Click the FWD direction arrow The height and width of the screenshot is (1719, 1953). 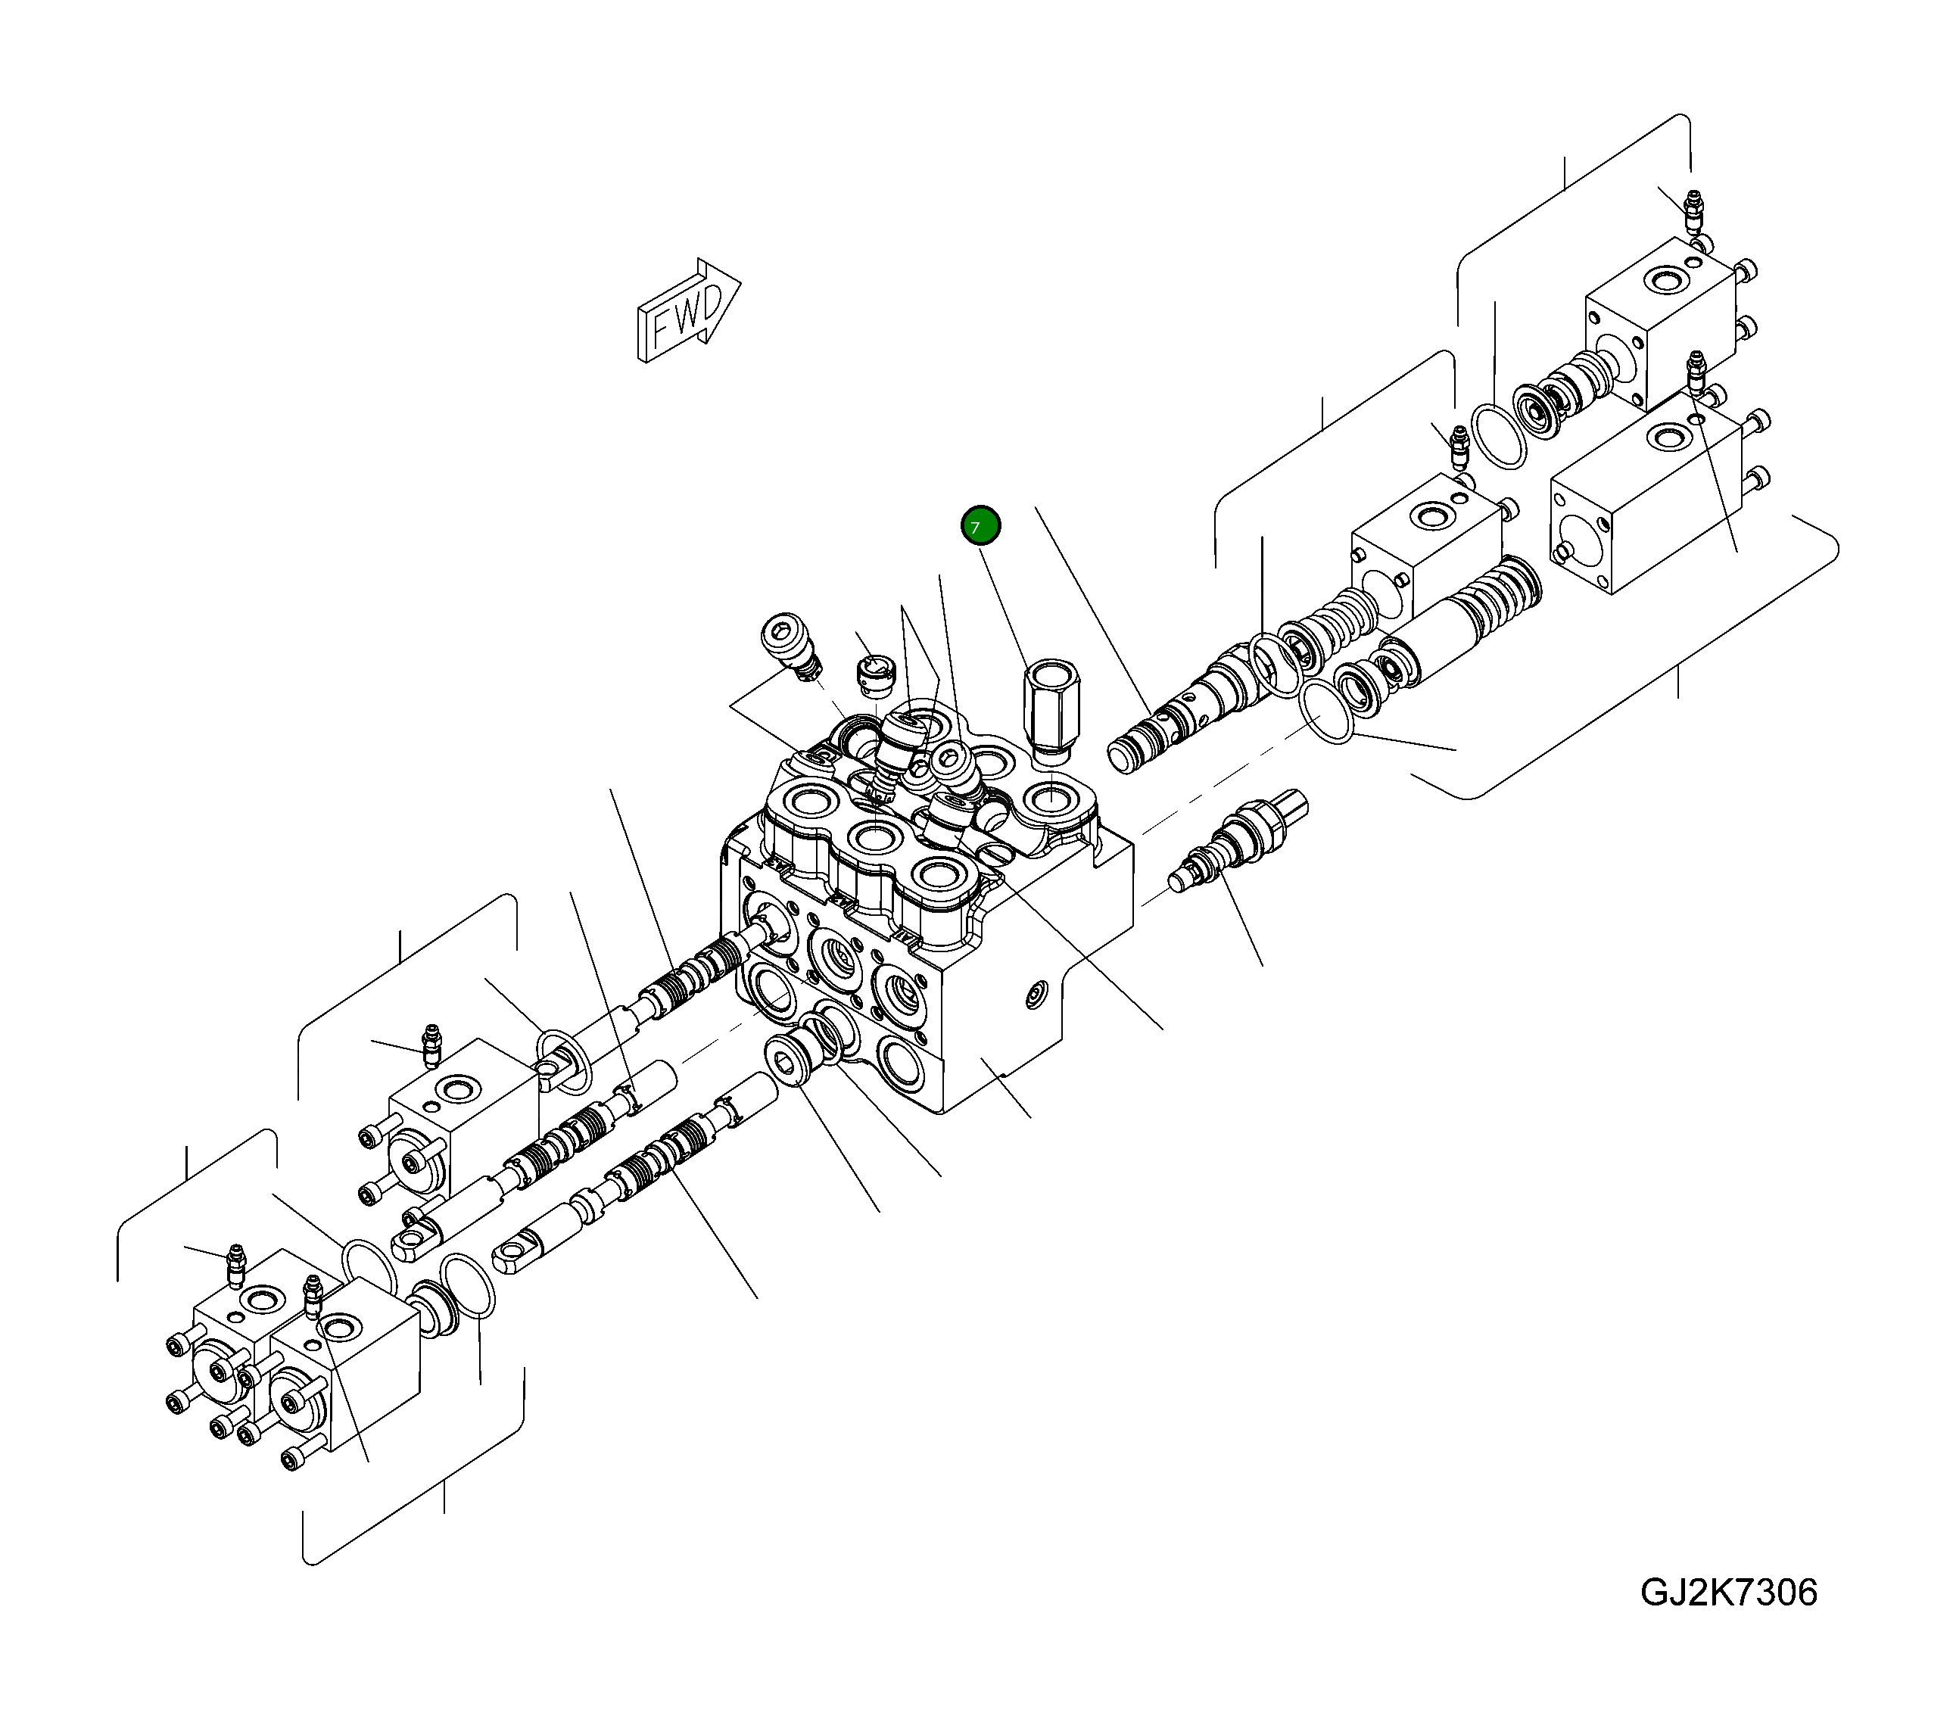pos(689,310)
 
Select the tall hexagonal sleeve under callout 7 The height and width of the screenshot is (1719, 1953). pos(1049,708)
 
